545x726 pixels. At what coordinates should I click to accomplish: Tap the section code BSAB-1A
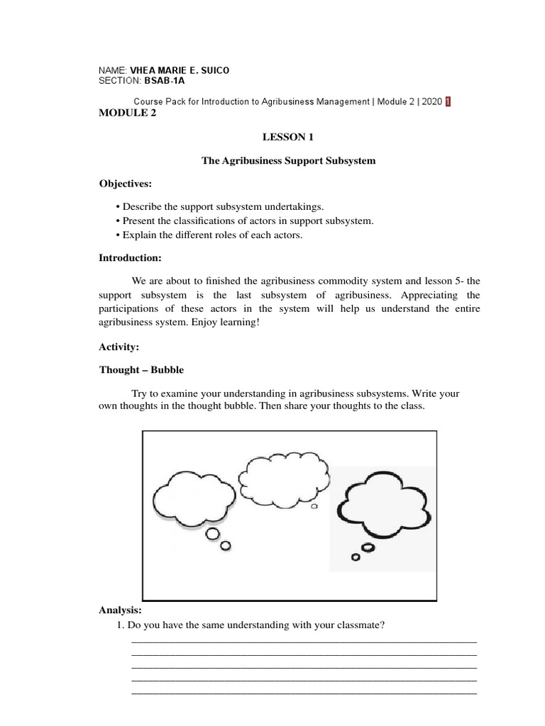click(x=164, y=81)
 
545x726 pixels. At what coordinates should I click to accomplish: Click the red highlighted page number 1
click(x=447, y=101)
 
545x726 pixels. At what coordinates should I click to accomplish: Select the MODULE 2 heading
click(x=128, y=113)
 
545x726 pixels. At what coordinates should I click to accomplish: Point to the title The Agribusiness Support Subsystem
click(x=289, y=161)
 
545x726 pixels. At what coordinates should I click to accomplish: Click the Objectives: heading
click(x=126, y=184)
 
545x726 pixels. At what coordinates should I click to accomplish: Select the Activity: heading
click(x=119, y=347)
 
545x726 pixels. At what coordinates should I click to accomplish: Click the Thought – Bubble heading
click(x=141, y=369)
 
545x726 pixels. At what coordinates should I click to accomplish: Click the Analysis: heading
click(x=121, y=610)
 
